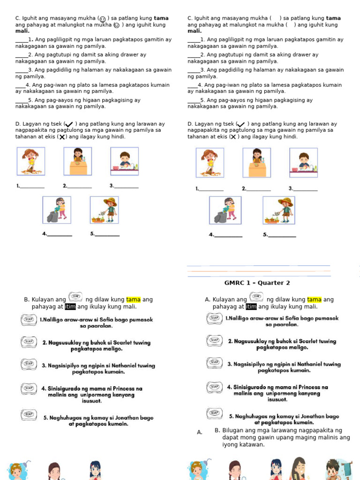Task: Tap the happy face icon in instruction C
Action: tap(103, 19)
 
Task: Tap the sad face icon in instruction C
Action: tap(116, 25)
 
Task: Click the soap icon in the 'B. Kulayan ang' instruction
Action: tap(75, 297)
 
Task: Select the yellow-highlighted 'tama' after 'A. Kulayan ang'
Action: tap(315, 300)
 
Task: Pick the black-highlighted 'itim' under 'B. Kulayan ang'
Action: tap(70, 307)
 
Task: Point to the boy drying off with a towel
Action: tap(333, 470)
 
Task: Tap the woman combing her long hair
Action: tap(299, 469)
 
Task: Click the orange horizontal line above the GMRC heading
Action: tap(258, 271)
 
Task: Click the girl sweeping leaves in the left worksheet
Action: tap(31, 161)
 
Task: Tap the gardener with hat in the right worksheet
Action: tap(279, 210)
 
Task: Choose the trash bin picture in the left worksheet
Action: tap(57, 210)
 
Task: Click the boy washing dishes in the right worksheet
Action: tap(303, 162)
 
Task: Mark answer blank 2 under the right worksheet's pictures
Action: tap(258, 189)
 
